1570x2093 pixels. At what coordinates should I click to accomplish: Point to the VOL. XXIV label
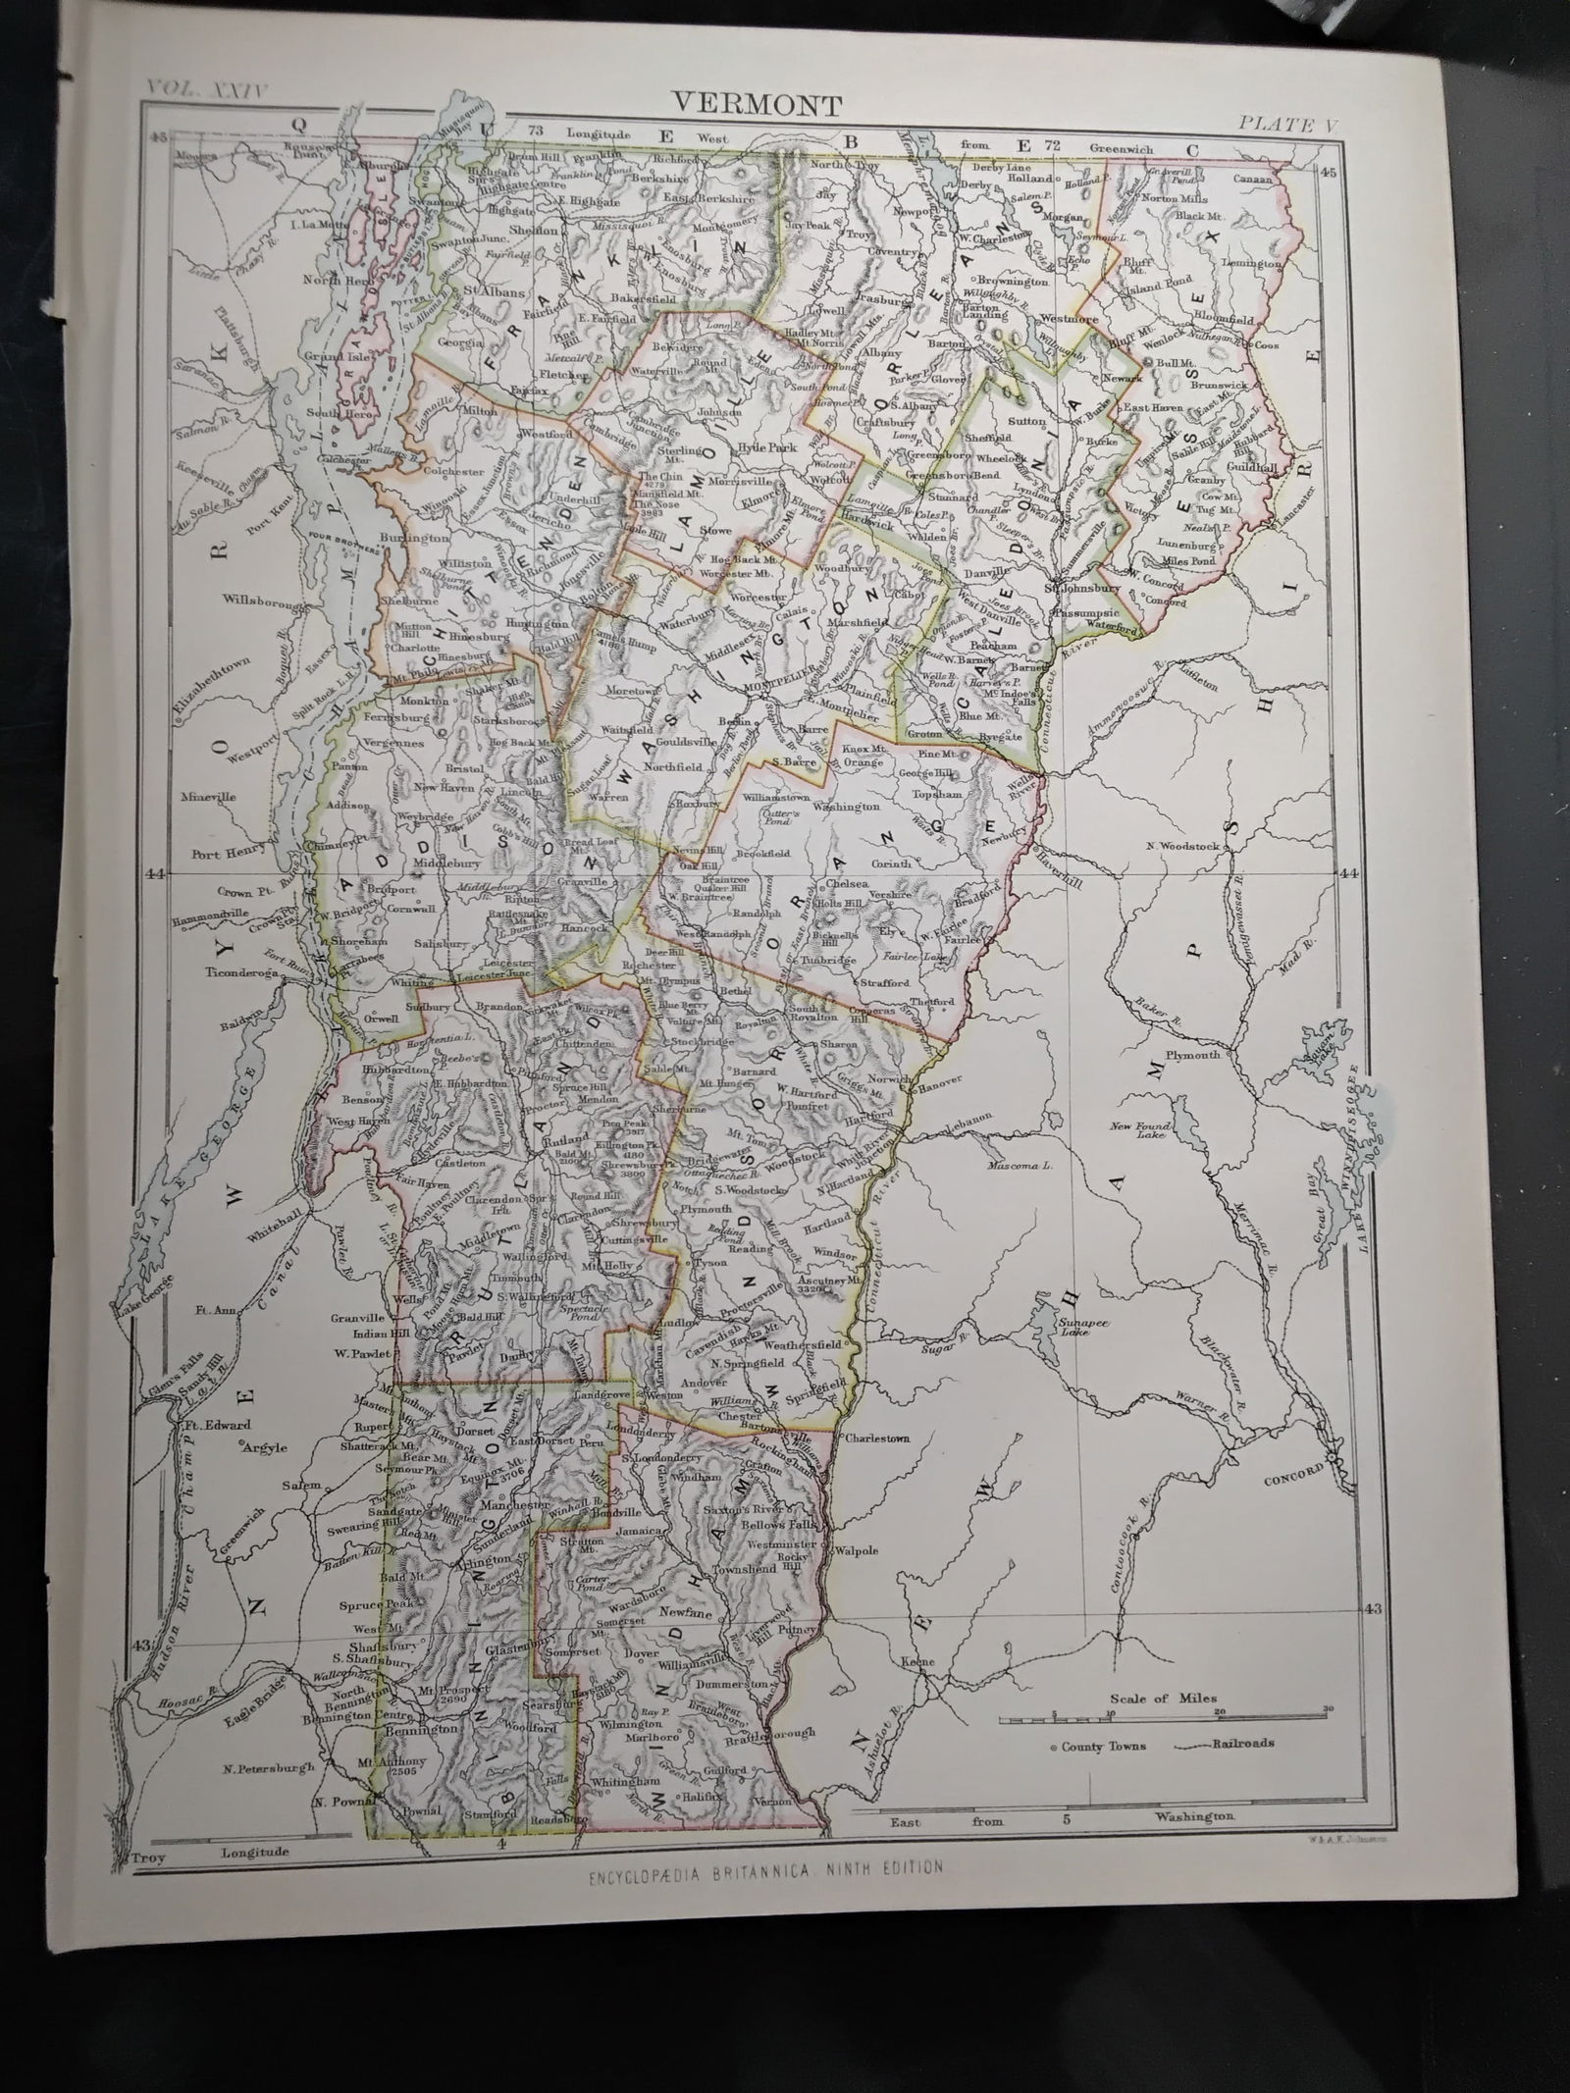(x=207, y=87)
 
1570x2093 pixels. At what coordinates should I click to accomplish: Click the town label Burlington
(x=418, y=539)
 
